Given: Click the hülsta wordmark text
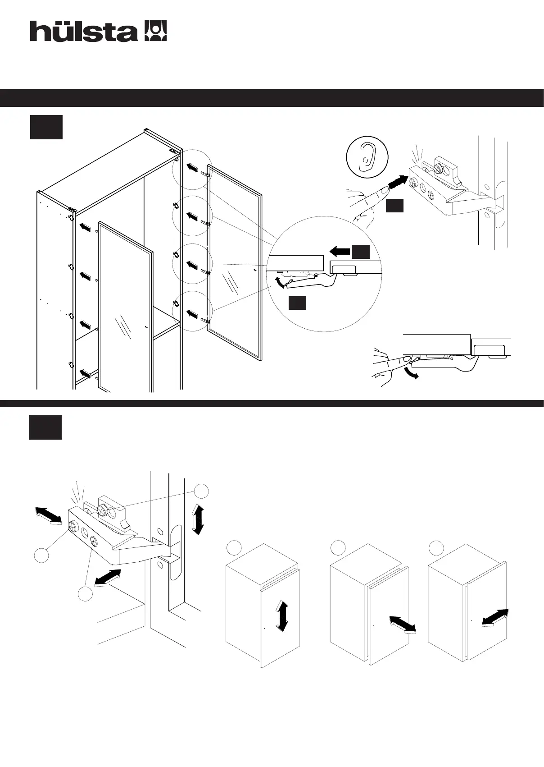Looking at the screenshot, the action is click(83, 32).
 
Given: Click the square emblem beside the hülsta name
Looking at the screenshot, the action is click(155, 31).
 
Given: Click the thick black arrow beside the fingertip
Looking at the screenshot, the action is click(398, 182).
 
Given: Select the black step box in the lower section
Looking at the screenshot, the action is click(45, 427).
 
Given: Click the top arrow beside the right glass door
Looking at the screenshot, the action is click(192, 168).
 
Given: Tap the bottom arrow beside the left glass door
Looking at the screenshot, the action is click(85, 373).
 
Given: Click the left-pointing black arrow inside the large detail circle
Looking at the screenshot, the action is click(340, 251).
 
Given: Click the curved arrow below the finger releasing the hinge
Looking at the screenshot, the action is click(412, 374).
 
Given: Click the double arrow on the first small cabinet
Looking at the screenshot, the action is click(282, 615).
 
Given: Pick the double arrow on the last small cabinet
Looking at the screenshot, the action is click(495, 618).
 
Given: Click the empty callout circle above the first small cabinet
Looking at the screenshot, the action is click(234, 547).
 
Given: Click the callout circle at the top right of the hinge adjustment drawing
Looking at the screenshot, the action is click(201, 491).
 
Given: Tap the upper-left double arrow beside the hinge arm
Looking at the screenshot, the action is click(49, 515).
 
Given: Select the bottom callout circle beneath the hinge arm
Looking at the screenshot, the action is click(85, 594).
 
